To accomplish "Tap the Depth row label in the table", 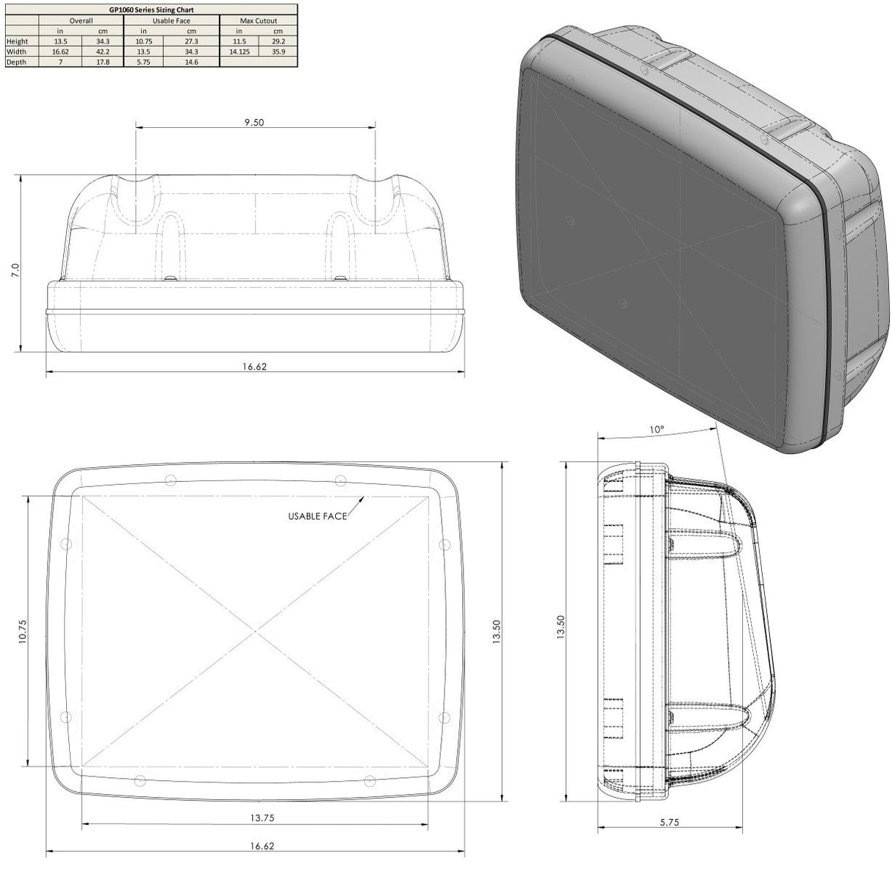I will tap(15, 62).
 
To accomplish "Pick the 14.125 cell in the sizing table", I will tap(239, 52).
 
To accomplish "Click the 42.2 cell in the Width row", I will tap(103, 52).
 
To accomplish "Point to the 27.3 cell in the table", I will tap(191, 42).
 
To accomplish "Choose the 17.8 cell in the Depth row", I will tap(103, 62).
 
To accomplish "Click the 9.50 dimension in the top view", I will tap(254, 123).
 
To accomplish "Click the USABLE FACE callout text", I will tap(317, 516).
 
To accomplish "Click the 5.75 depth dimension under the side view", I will tap(669, 823).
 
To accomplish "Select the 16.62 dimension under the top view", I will tap(253, 366).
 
